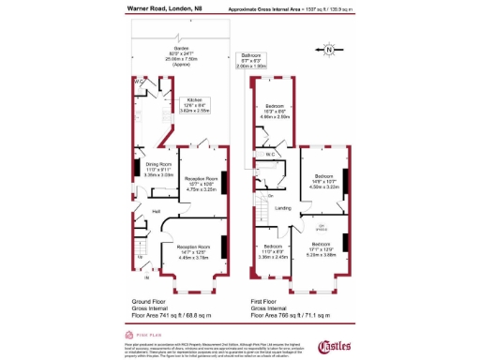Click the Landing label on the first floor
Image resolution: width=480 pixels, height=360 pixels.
click(x=283, y=208)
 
